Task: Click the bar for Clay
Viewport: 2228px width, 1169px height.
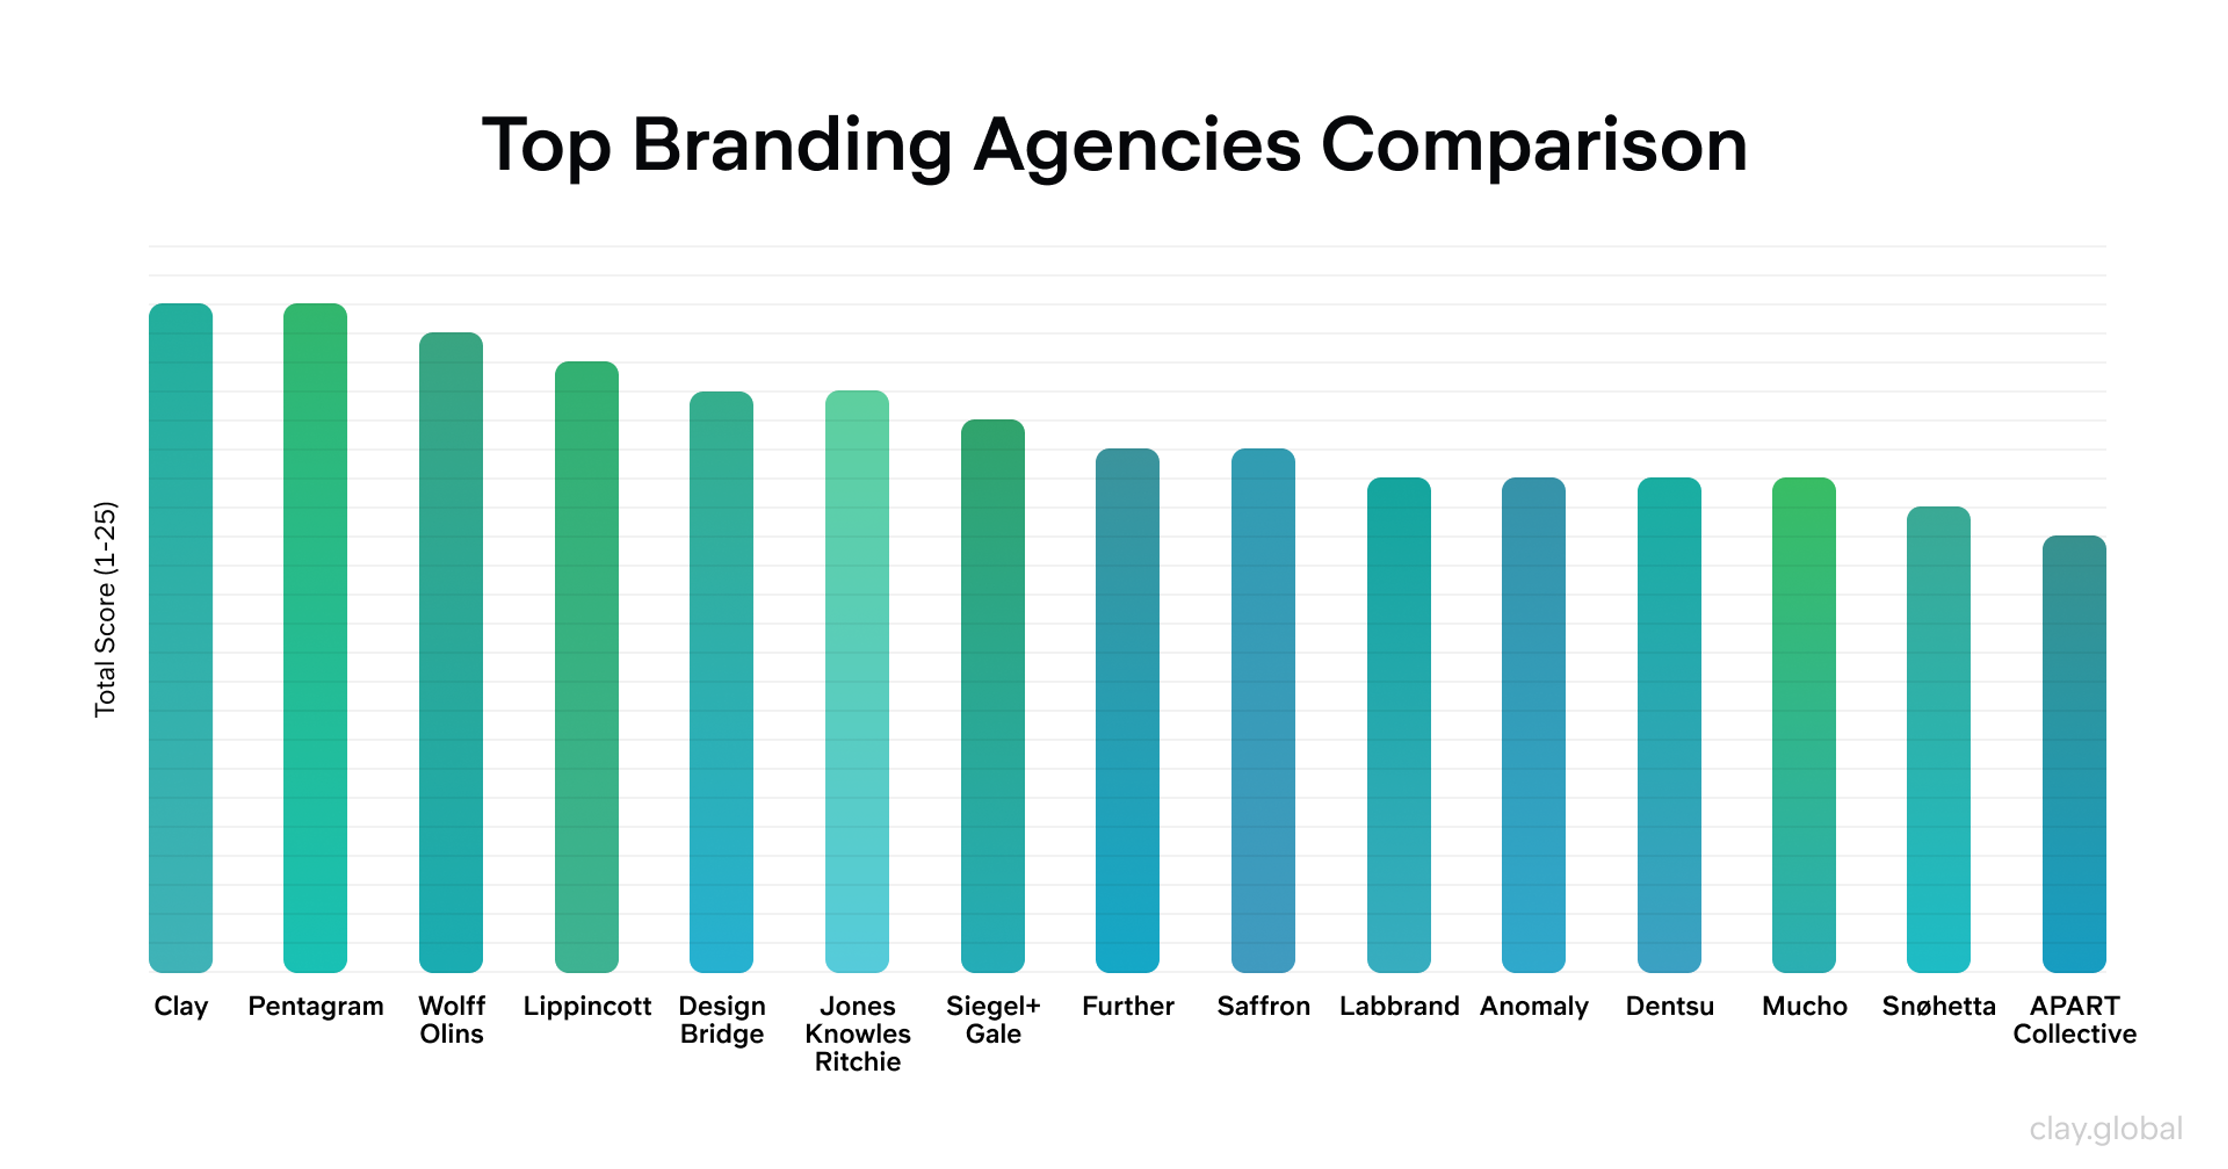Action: point(181,638)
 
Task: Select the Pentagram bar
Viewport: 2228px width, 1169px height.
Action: point(316,638)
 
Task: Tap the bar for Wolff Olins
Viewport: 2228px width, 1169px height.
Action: point(451,652)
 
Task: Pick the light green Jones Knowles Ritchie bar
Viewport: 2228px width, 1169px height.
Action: point(857,681)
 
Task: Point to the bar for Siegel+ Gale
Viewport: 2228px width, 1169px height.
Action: point(993,696)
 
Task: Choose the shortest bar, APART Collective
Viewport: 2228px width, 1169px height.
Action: point(2074,753)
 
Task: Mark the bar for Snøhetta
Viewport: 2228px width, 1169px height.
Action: point(1938,739)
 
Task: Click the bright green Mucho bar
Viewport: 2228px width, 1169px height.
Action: point(1804,724)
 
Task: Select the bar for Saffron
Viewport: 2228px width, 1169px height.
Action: point(1263,709)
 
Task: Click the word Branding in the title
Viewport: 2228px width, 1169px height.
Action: point(791,145)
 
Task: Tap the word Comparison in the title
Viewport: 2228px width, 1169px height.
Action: point(1533,145)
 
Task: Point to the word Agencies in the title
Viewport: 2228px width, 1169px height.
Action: point(1137,145)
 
